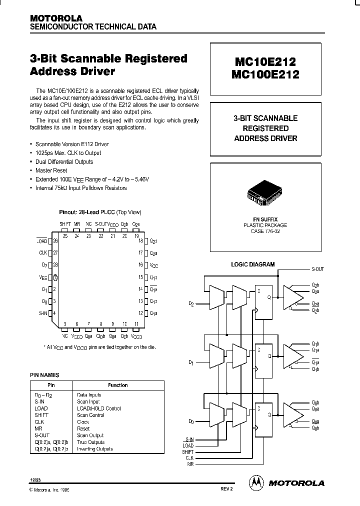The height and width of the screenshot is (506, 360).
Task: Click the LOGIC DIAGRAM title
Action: click(252, 264)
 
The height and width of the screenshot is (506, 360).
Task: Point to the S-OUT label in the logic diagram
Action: click(317, 269)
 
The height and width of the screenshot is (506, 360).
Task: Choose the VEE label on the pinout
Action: click(43, 276)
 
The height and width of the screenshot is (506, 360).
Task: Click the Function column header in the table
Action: click(118, 385)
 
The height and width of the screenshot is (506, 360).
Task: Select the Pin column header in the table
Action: click(51, 385)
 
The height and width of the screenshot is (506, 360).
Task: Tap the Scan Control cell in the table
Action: click(90, 415)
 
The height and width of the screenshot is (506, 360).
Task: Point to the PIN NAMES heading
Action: click(45, 374)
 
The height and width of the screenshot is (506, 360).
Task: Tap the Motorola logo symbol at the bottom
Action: click(256, 482)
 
